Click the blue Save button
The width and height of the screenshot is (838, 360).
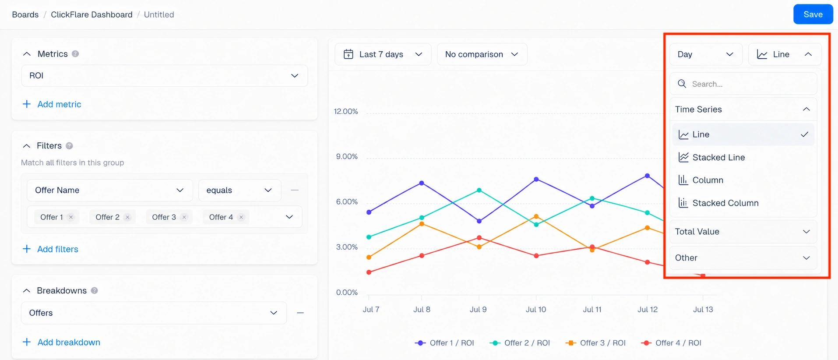(x=813, y=14)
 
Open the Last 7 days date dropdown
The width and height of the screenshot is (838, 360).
(x=383, y=54)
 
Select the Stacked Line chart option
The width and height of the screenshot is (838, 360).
(x=718, y=157)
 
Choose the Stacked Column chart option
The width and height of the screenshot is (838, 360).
(x=725, y=203)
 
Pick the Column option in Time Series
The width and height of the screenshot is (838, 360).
(x=708, y=180)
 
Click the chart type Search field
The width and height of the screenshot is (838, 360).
(x=743, y=84)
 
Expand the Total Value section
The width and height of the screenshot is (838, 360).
(x=743, y=232)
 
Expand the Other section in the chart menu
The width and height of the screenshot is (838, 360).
(x=743, y=258)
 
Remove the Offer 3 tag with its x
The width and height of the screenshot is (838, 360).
(x=184, y=217)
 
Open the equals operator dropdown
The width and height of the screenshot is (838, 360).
(x=239, y=190)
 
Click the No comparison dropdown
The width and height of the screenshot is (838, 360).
(x=482, y=54)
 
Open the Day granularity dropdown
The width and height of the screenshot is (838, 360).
(x=706, y=54)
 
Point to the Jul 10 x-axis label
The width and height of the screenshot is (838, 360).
(x=536, y=310)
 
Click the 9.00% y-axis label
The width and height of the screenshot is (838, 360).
(x=347, y=156)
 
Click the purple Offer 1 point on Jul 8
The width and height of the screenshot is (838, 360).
(x=422, y=183)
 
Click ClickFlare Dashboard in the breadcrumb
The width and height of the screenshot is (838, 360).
(x=92, y=14)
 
